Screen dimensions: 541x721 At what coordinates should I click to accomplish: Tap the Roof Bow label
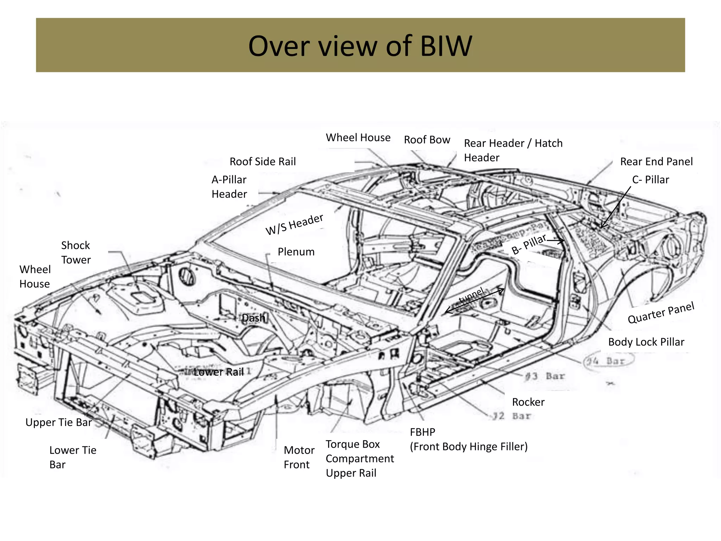click(x=427, y=140)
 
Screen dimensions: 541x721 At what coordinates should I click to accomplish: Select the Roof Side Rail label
click(x=263, y=162)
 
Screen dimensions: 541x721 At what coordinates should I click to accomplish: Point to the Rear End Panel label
click(x=656, y=162)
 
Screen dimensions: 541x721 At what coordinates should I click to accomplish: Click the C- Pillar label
click(x=650, y=180)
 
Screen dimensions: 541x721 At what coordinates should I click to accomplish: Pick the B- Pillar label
click(x=529, y=244)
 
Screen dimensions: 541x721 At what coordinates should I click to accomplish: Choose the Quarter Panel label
click(x=661, y=312)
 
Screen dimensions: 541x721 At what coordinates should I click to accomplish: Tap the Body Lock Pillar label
click(x=646, y=342)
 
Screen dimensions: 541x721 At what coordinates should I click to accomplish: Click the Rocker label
click(x=528, y=402)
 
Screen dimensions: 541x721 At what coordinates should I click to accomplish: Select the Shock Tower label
click(x=76, y=253)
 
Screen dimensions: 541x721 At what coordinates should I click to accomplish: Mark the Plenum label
click(x=296, y=252)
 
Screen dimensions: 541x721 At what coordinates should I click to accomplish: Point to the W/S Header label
click(x=294, y=224)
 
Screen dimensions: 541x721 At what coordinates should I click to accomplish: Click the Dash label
click(x=253, y=318)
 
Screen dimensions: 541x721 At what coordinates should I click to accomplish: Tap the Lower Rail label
click(x=219, y=372)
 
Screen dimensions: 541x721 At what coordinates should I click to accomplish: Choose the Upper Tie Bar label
click(x=58, y=422)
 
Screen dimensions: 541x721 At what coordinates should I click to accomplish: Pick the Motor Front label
click(x=299, y=457)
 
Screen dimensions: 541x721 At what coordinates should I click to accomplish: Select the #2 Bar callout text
click(x=511, y=416)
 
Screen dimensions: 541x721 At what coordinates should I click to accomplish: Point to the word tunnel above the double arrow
click(x=471, y=295)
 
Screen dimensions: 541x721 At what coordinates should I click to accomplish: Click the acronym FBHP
click(x=422, y=432)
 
